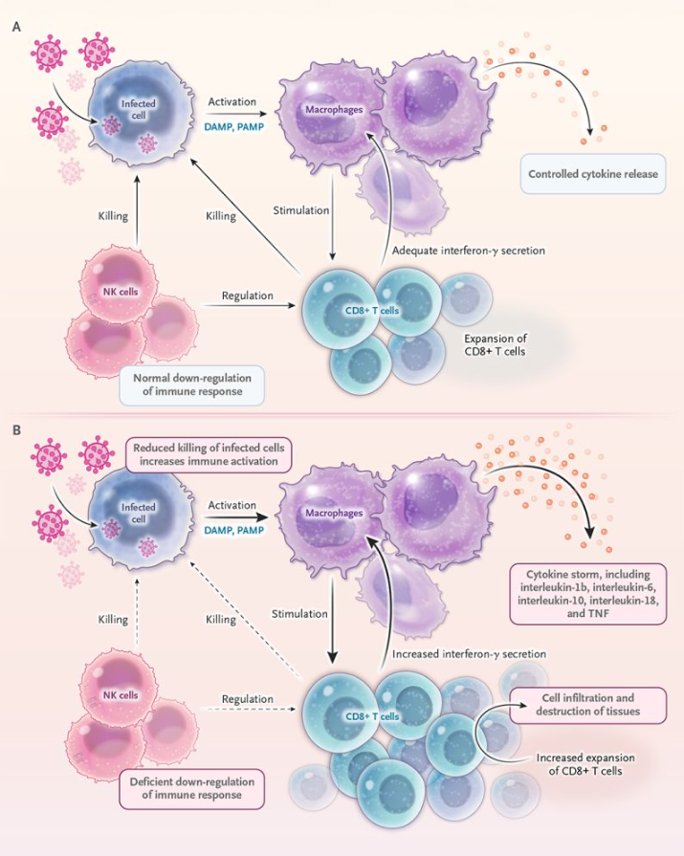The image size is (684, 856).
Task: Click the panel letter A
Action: (x=17, y=27)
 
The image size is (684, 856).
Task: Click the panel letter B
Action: (x=17, y=429)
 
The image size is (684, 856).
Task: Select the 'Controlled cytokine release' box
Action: (x=593, y=174)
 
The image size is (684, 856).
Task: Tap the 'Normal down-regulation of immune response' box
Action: (x=192, y=384)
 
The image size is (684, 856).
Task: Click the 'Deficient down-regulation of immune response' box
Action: (x=192, y=788)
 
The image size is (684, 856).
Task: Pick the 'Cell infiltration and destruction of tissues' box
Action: (x=588, y=705)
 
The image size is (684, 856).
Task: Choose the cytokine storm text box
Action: (x=588, y=593)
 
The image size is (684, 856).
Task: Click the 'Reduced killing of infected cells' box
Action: (x=209, y=454)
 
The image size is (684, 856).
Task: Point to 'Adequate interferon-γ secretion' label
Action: (x=469, y=251)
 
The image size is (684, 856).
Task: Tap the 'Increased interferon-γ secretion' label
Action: (x=469, y=653)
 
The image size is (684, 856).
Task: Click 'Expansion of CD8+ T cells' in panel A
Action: (x=496, y=345)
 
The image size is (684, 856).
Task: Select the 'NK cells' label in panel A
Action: (x=121, y=292)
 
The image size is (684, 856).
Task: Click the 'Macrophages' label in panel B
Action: (x=334, y=513)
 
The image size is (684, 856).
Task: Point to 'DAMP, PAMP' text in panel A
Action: (x=234, y=126)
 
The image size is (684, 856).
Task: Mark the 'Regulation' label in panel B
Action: (x=247, y=699)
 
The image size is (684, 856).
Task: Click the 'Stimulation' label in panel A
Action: (x=301, y=210)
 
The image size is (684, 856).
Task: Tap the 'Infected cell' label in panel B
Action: (x=138, y=513)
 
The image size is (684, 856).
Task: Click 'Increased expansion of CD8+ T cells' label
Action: (x=585, y=764)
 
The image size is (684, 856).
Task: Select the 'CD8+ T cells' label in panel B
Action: (x=372, y=716)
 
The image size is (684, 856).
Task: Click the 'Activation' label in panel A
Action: (x=232, y=101)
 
